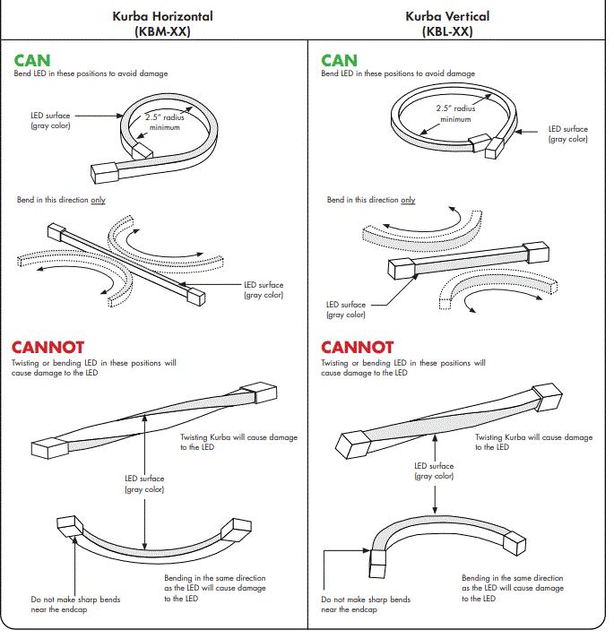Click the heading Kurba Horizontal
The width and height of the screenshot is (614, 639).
coord(163,17)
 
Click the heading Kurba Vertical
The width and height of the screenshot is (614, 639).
coord(446,17)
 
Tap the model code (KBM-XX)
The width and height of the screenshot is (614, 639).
coord(162,31)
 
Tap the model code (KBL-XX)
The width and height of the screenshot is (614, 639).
coord(446,31)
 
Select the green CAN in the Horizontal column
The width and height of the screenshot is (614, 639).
coord(32,61)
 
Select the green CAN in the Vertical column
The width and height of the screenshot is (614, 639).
coord(339,61)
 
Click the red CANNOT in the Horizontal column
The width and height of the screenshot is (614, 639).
coord(48,347)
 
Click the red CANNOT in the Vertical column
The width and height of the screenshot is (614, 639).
coord(357,347)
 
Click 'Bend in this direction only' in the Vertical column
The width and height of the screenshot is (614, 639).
coord(370,200)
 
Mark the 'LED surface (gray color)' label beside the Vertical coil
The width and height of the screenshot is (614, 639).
coord(567,134)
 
